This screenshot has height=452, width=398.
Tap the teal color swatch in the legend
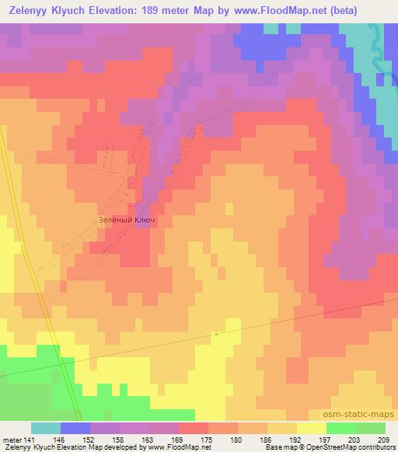pyautogui.click(x=46, y=428)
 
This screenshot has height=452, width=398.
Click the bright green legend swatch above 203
pyautogui.click(x=340, y=428)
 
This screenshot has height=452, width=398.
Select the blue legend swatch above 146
pyautogui.click(x=75, y=428)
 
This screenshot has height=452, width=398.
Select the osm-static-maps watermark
pyautogui.click(x=359, y=415)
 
